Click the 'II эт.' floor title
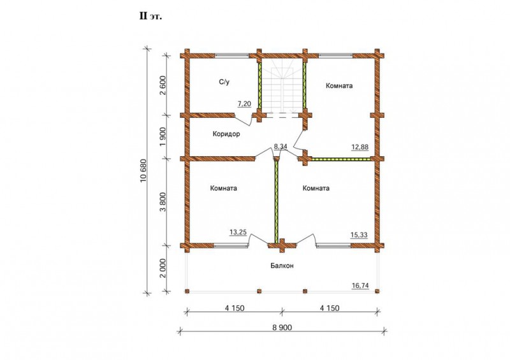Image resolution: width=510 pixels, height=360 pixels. [x=150, y=17]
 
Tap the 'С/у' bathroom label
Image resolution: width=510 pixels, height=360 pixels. [x=224, y=82]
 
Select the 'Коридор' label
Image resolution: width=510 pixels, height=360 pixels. [x=226, y=134]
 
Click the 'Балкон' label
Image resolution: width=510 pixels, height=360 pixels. [x=282, y=266]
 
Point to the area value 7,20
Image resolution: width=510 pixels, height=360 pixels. [x=244, y=104]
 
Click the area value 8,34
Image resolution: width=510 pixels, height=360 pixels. [x=280, y=147]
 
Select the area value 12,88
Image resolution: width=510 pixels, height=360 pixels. [x=360, y=147]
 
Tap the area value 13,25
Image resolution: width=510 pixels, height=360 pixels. [x=238, y=232]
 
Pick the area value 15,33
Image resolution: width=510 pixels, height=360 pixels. [x=359, y=234]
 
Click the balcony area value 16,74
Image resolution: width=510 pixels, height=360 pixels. [x=360, y=285]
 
